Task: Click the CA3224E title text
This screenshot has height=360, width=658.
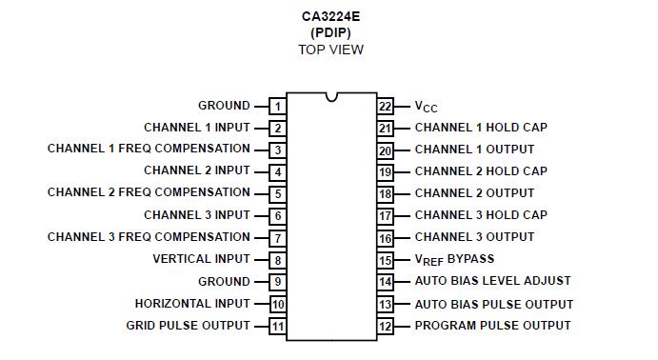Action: click(x=329, y=15)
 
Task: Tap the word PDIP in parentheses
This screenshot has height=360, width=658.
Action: click(x=329, y=32)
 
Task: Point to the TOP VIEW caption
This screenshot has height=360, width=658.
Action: click(x=329, y=50)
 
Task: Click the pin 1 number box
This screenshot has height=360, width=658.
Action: click(x=277, y=107)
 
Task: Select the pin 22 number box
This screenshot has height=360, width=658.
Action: click(x=385, y=107)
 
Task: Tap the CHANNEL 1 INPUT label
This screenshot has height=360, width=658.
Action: click(x=197, y=128)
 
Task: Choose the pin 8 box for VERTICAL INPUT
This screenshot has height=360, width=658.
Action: click(x=277, y=260)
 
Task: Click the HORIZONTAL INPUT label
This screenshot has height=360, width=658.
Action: click(x=192, y=304)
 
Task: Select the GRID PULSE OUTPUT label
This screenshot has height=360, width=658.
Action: click(x=189, y=326)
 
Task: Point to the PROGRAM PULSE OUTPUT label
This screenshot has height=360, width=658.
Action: click(x=492, y=326)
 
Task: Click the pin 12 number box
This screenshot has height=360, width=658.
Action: click(x=385, y=327)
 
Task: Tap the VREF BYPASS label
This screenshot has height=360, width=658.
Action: click(x=454, y=259)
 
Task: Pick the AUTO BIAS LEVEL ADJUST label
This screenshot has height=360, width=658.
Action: click(x=492, y=281)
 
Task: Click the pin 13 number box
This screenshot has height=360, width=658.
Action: click(x=385, y=305)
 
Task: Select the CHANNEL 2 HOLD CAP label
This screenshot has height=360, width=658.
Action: click(x=481, y=171)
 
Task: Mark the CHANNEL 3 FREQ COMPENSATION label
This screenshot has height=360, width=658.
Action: click(x=149, y=237)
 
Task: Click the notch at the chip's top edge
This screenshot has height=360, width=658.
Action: click(x=330, y=96)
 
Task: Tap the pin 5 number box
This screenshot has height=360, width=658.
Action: click(x=277, y=194)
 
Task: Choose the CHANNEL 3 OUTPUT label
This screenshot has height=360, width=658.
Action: click(x=474, y=237)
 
